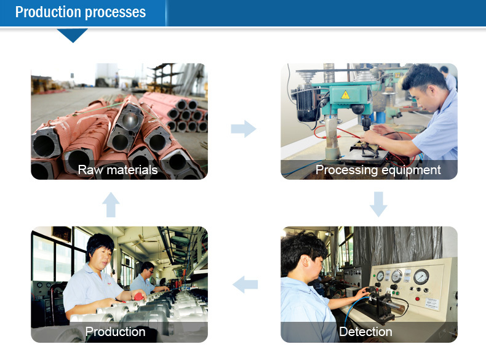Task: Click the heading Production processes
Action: point(81,12)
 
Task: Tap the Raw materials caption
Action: point(118,170)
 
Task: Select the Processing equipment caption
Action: point(378,170)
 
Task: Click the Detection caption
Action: point(365,332)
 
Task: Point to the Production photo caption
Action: point(115,332)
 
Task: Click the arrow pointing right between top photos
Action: point(243,129)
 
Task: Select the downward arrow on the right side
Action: point(378,204)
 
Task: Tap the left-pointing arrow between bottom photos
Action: point(245,284)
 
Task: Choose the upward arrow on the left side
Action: point(111,204)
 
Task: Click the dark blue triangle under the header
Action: point(73,35)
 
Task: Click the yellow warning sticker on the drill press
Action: point(345,94)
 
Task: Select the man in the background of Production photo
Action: point(146,277)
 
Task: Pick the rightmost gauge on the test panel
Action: point(421,277)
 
